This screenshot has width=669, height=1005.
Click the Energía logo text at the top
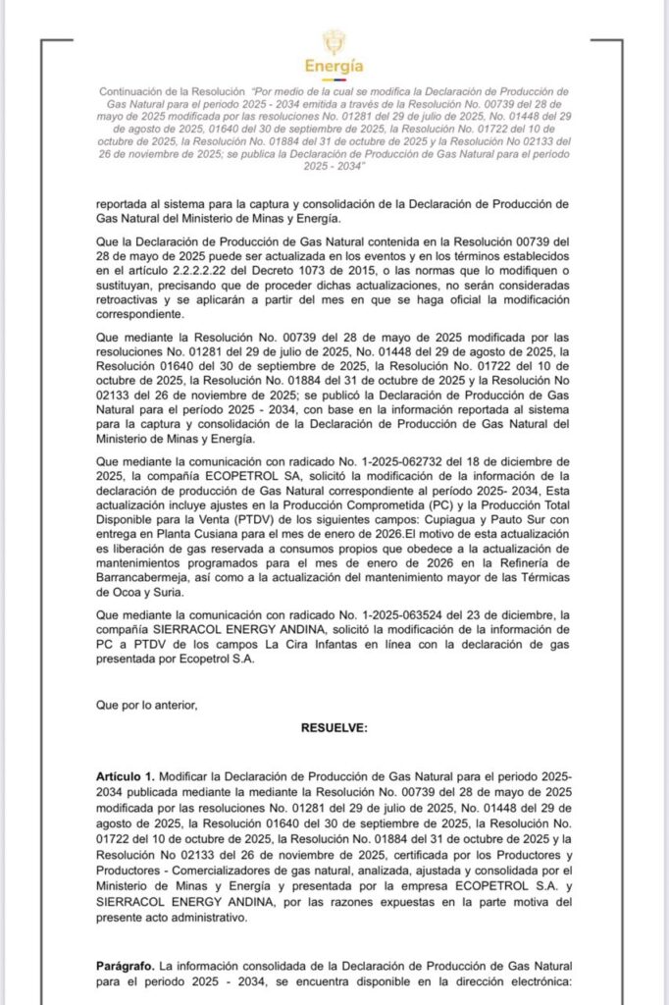334,67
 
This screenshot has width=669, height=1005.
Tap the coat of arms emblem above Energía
334,42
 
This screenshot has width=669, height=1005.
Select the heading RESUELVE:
334,727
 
